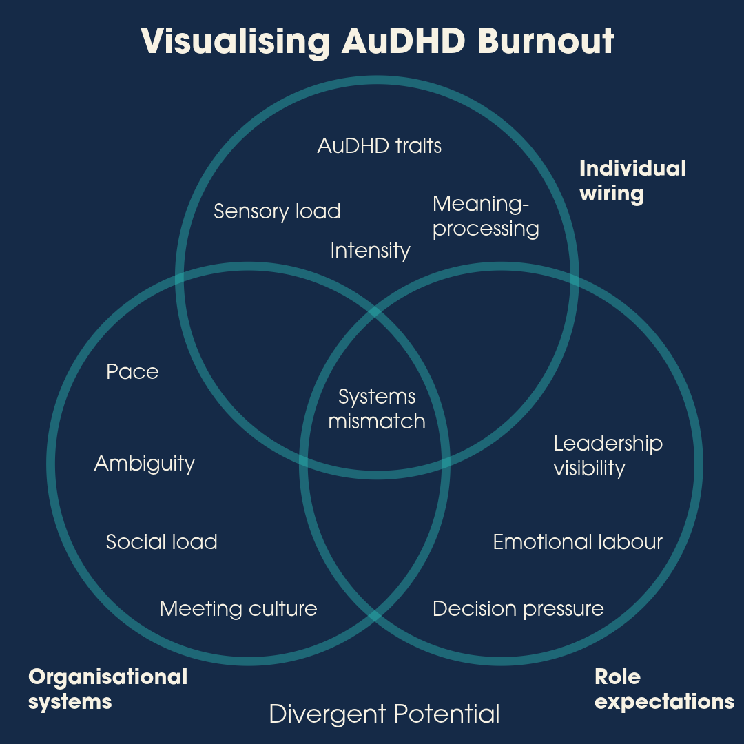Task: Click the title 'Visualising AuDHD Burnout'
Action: click(377, 41)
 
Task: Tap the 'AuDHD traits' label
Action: click(379, 146)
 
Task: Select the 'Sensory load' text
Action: click(277, 211)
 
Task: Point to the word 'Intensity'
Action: click(370, 250)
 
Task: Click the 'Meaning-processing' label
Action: click(485, 216)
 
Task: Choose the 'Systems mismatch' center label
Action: click(377, 409)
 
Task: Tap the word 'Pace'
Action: click(132, 372)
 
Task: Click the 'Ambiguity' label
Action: click(144, 464)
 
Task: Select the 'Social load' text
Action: click(161, 542)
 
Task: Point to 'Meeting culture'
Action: click(238, 609)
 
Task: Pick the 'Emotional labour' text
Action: click(577, 542)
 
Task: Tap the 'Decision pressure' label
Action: click(518, 609)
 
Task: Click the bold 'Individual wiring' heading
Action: click(632, 180)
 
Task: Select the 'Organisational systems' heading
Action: click(107, 689)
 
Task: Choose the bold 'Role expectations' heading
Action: click(664, 689)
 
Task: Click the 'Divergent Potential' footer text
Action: click(384, 714)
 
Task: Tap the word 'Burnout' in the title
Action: click(545, 41)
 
